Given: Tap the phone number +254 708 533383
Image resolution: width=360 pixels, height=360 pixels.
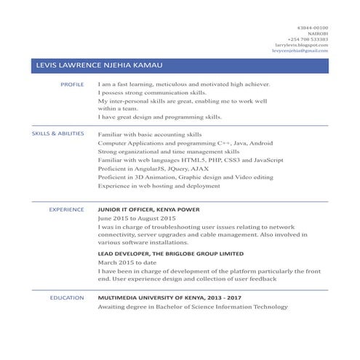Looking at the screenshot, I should pos(308,39).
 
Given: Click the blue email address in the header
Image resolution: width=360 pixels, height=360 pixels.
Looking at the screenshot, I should pos(300,51).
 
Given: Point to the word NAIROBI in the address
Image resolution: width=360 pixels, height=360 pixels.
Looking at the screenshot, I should pos(317,33).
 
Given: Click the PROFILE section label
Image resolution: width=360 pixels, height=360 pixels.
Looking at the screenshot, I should pos(72,85).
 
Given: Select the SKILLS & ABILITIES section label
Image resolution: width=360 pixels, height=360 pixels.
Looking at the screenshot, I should pos(58,135).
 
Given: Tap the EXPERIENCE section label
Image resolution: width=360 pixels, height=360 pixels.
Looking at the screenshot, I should pos(66,209).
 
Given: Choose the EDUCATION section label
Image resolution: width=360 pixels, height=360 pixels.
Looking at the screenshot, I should pos(67,297).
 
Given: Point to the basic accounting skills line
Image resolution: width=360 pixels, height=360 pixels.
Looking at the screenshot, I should pos(150,135).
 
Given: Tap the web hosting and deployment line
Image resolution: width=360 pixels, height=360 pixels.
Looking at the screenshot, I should pos(159,186).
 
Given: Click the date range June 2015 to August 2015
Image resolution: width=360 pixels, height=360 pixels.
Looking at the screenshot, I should pos(137,218).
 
